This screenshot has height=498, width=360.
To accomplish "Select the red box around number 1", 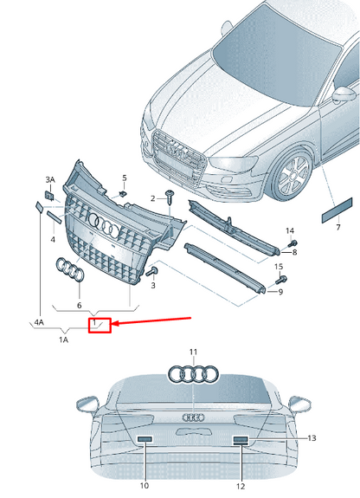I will point(100,325).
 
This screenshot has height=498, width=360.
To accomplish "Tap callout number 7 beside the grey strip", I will point(337,226).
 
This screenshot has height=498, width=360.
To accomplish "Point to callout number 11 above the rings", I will point(194,352).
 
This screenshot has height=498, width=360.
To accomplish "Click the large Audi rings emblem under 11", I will point(194,375).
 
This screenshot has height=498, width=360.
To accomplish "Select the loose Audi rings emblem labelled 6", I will point(70,271).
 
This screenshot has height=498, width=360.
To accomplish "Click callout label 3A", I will point(49,179).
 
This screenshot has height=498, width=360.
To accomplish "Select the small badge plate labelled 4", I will point(38,207).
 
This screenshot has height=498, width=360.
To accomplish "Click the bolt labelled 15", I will point(282,281).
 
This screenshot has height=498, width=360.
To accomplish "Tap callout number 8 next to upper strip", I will point(294,253).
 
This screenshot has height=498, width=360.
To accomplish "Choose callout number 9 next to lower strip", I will point(281,292).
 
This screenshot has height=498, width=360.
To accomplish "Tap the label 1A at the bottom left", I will point(63,340).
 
